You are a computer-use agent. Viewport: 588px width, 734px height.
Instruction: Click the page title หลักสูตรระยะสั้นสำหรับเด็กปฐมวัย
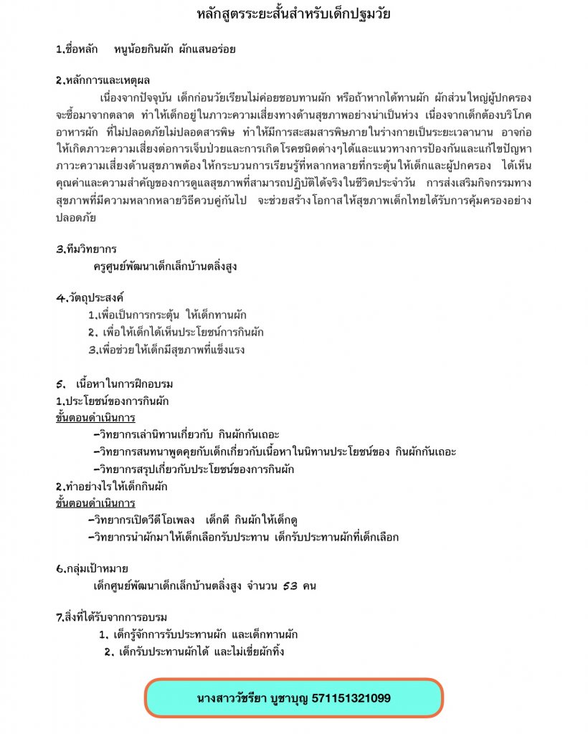(293, 14)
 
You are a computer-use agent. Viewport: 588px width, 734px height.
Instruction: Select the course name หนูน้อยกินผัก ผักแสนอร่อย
(174, 50)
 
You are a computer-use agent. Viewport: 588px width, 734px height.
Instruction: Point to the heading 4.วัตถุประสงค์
(88, 297)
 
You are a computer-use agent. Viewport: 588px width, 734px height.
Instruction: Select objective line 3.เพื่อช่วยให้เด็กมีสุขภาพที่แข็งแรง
(166, 351)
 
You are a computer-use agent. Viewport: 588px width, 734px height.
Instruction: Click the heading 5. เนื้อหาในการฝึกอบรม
(114, 384)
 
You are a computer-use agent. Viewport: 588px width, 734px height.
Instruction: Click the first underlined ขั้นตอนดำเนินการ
(95, 418)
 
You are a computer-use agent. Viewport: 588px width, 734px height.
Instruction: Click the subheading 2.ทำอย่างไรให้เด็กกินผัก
(111, 487)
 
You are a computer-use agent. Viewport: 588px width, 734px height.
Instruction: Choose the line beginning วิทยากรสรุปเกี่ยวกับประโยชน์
(194, 470)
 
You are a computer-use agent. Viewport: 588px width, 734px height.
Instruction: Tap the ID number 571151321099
(351, 697)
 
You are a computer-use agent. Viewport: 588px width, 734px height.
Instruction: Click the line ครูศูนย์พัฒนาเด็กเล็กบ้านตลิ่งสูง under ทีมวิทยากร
(165, 267)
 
